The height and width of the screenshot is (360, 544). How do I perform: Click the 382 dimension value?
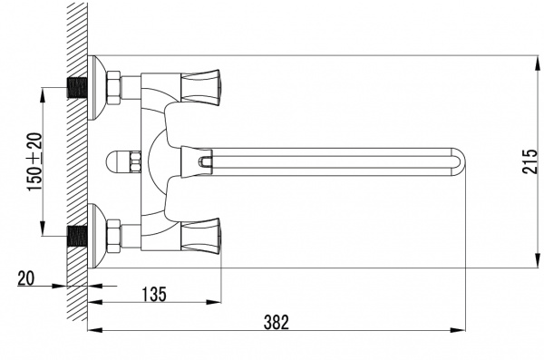pyautogui.click(x=276, y=322)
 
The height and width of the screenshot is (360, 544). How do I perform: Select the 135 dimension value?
pyautogui.click(x=154, y=295)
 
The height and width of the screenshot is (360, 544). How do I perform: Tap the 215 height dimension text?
pyautogui.click(x=529, y=161)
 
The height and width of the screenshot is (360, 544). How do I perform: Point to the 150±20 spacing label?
pyautogui.click(x=35, y=161)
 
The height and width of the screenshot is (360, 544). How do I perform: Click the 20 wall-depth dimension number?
pyautogui.click(x=26, y=278)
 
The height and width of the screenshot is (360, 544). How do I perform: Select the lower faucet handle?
pyautogui.click(x=201, y=236)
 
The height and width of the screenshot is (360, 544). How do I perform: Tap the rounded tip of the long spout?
pyautogui.click(x=460, y=161)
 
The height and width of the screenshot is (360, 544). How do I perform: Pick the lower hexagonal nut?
pyautogui.click(x=114, y=237)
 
